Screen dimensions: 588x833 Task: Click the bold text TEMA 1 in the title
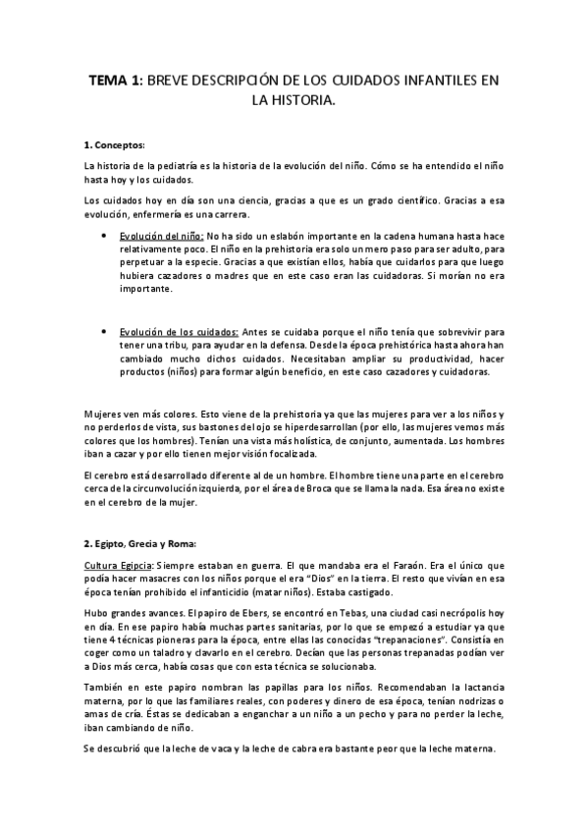[x=116, y=84]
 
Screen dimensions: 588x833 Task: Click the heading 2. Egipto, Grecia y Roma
[x=141, y=543]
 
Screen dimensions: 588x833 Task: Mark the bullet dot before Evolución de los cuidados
[x=104, y=333]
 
